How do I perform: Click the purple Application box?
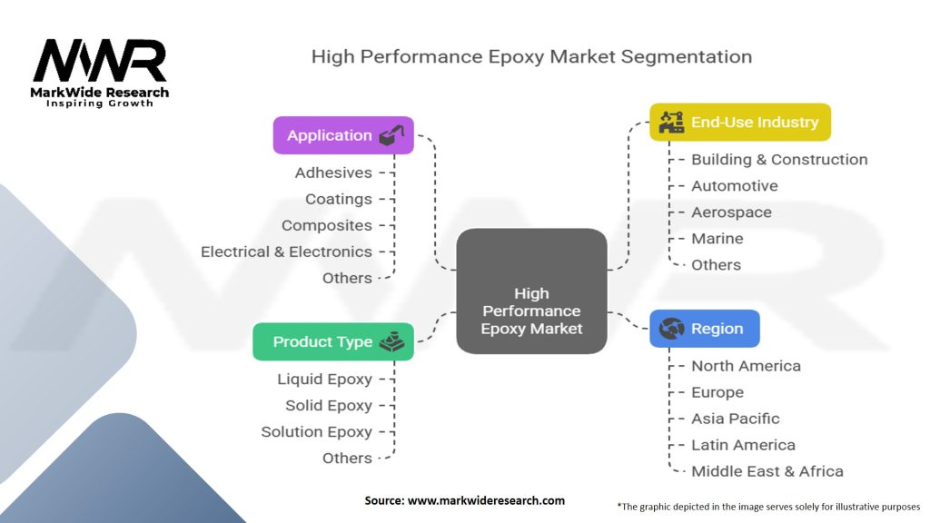coord(343,135)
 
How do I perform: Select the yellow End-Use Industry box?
coord(740,123)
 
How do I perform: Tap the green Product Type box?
coord(333,341)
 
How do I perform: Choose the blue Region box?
coord(705,329)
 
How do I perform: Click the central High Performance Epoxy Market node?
coord(531,291)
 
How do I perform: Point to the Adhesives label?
coord(333,173)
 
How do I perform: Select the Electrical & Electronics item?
coord(286,252)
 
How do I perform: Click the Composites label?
coord(327,225)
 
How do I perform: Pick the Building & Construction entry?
coord(779,160)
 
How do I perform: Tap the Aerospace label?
coord(731,212)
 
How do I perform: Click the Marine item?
coord(717,239)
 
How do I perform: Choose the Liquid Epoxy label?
coord(324,379)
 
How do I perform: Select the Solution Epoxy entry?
coord(317,431)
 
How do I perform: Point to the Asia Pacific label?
coord(736,419)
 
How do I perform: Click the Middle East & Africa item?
coord(767,471)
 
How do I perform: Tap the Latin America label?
coord(743,445)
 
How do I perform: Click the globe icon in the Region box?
coord(672,328)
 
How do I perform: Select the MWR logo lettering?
coord(100,61)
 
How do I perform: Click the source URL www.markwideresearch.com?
coord(487,500)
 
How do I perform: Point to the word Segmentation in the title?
coord(687,57)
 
